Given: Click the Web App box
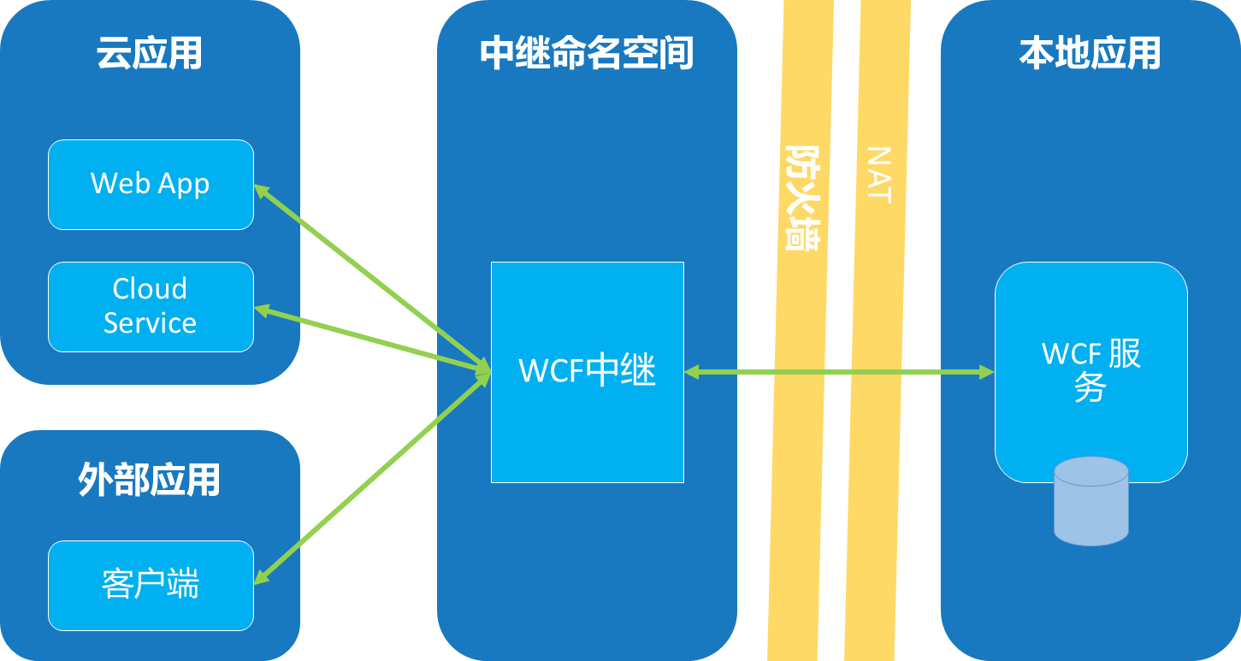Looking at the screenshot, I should coord(151,184).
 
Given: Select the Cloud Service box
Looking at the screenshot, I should coord(151,306).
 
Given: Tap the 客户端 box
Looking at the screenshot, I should coord(151,585).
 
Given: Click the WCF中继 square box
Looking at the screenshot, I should coord(587,372).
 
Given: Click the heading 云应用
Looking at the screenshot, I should coord(150,53).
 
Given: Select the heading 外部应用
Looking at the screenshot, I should coord(150,480).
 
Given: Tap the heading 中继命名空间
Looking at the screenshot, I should coord(587,53).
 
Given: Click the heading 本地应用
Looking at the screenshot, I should coord(1090,53).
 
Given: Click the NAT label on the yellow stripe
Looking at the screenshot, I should coord(878,174).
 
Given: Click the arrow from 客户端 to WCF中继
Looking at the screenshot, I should coord(372,480).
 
